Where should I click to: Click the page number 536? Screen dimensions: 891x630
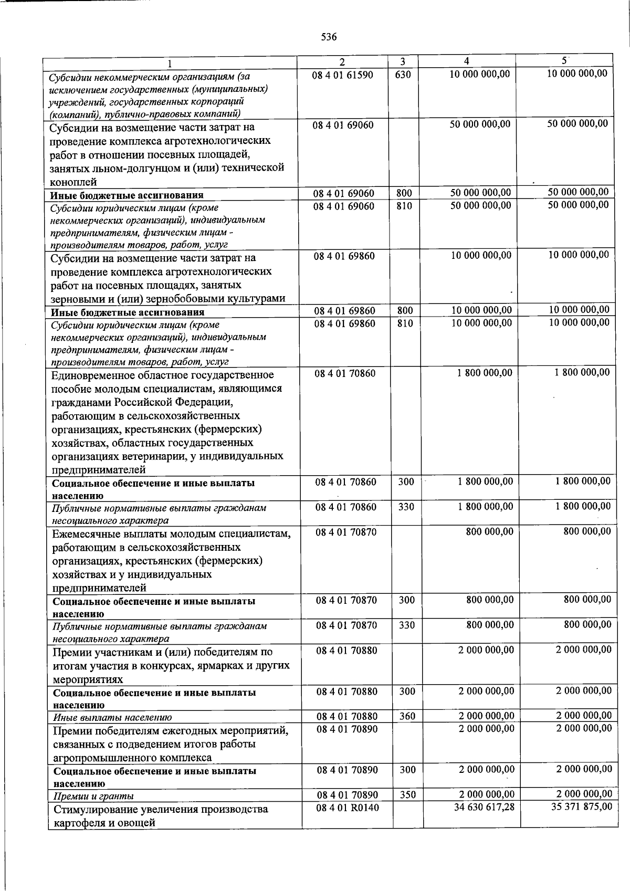pyautogui.click(x=329, y=37)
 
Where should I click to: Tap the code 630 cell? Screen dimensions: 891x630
pyautogui.click(x=403, y=75)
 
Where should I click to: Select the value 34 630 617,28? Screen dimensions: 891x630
pyautogui.click(x=484, y=807)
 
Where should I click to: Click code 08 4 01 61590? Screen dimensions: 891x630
pyautogui.click(x=343, y=75)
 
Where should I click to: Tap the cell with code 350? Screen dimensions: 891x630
pyautogui.click(x=407, y=795)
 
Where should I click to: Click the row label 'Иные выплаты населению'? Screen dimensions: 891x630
pyautogui.click(x=112, y=718)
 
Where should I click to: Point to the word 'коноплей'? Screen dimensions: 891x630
pyautogui.click(x=73, y=182)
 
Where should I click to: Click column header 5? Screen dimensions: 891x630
pyautogui.click(x=563, y=61)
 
